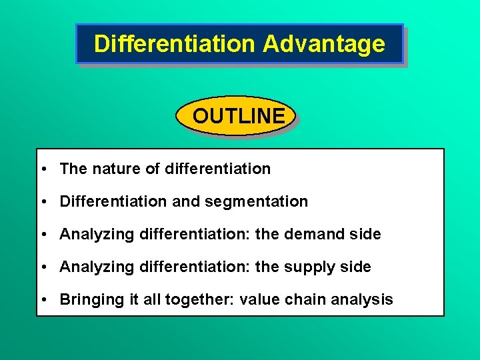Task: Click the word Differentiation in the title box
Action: click(175, 44)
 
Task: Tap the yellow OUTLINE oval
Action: click(237, 116)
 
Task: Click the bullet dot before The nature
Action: click(42, 169)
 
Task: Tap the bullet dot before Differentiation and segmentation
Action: click(42, 201)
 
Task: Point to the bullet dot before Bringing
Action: click(42, 300)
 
